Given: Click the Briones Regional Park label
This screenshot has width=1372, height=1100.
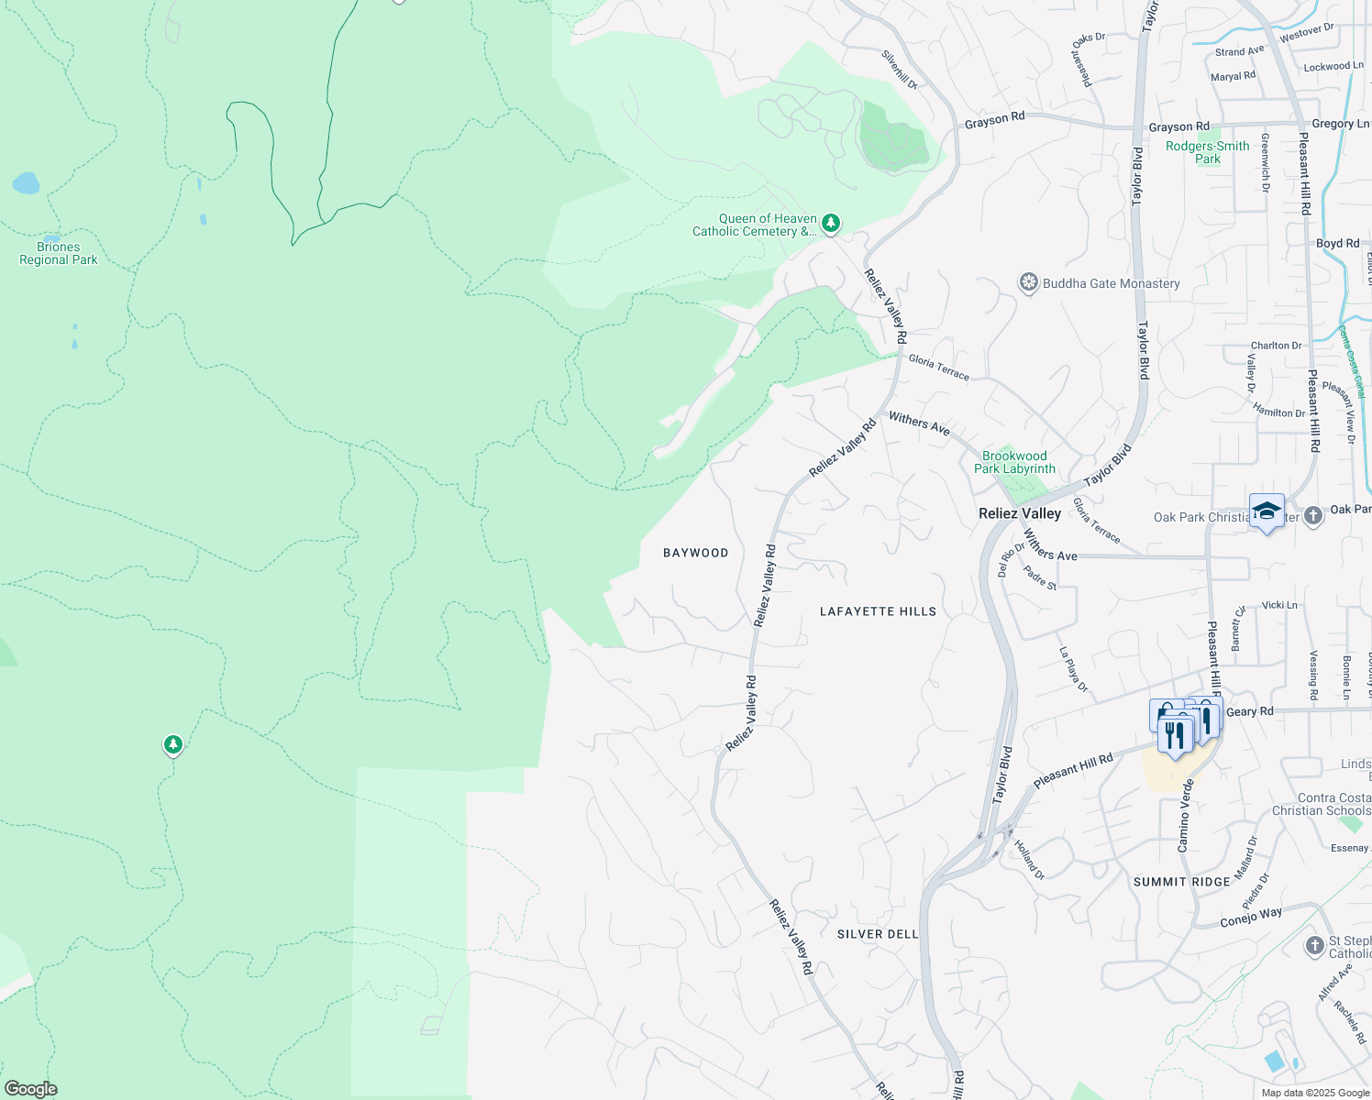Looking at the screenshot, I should coord(59,253).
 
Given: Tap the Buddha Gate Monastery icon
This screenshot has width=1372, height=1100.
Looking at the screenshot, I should coord(1029,282).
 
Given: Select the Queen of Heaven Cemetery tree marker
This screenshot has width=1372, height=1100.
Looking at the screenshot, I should coord(831,223).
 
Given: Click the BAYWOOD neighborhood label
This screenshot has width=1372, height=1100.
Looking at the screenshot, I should coord(696,553).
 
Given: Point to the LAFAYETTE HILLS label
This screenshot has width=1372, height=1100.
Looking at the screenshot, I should coord(878,611).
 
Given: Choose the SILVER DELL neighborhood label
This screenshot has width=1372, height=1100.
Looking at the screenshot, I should coord(878,934).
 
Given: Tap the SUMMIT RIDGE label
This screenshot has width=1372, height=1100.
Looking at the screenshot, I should coord(1181,882).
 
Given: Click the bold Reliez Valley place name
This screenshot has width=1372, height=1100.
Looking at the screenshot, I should coord(1020,513).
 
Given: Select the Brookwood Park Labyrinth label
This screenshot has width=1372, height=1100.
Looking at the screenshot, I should coord(1014,462).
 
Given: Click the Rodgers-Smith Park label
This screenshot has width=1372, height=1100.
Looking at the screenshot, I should coord(1208,152).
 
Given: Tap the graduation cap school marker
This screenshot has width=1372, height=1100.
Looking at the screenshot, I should coord(1267,511).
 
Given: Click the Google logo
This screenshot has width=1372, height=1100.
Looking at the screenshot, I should coord(30,1089).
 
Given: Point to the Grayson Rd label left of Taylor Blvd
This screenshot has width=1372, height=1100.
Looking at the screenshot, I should coord(994,119).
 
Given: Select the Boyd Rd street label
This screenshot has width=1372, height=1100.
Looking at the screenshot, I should coord(1338,244).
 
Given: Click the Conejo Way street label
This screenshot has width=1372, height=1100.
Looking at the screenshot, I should coord(1251,918).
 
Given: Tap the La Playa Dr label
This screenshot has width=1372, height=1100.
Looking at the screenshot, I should coord(1073,669).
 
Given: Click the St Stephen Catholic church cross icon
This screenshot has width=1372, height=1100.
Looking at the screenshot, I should coord(1314,944).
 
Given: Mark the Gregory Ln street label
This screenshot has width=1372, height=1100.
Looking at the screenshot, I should coord(1340,124).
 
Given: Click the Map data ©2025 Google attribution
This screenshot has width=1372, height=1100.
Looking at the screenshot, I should coord(1315,1093).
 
